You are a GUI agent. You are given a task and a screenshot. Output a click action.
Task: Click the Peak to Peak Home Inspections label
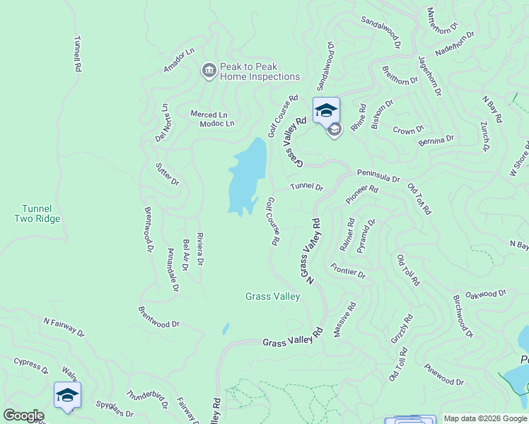point(260,71)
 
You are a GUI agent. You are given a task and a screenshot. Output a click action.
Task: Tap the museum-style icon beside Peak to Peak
point(209,69)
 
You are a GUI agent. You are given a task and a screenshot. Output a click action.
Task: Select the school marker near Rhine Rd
point(326,111)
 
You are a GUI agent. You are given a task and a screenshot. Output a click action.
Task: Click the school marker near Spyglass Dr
point(67,395)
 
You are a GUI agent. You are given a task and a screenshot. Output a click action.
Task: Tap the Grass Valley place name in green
point(273,297)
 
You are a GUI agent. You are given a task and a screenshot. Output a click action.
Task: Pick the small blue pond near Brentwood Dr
point(226,329)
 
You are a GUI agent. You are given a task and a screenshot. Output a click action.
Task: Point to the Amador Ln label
point(178,60)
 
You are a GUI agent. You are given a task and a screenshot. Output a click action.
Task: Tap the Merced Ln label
point(209,114)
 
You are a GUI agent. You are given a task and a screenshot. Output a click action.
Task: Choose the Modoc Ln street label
point(216,124)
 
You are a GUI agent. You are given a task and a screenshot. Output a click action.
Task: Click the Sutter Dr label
point(168,174)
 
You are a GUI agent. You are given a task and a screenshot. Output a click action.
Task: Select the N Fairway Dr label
point(64,327)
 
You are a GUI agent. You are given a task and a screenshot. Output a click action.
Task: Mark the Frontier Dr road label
point(348,270)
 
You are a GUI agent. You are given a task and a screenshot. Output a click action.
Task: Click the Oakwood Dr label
point(487,293)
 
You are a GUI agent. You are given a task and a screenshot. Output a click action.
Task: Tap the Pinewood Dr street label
point(443,375)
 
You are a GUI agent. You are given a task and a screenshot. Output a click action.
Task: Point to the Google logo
point(23,416)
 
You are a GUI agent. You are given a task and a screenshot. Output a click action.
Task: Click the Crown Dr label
point(408,131)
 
